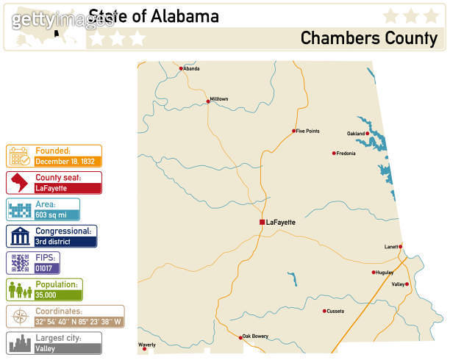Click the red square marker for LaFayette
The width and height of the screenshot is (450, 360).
click(262, 222)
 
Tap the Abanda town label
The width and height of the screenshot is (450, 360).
click(191, 69)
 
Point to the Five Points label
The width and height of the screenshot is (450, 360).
click(308, 131)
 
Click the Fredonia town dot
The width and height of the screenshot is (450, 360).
click(334, 154)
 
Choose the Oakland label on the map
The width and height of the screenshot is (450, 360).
click(356, 134)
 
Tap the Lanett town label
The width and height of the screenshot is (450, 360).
click(390, 247)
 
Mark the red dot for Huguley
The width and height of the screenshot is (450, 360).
click(374, 273)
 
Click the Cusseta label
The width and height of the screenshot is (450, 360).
click(335, 311)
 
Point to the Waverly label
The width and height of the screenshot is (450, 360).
click(147, 344)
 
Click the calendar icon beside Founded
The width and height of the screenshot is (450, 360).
click(19, 156)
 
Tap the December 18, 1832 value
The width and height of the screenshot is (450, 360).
click(64, 161)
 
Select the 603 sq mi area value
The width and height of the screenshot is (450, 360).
click(51, 215)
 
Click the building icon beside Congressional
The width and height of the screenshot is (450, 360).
click(19, 236)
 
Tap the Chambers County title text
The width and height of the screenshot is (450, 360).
click(368, 38)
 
